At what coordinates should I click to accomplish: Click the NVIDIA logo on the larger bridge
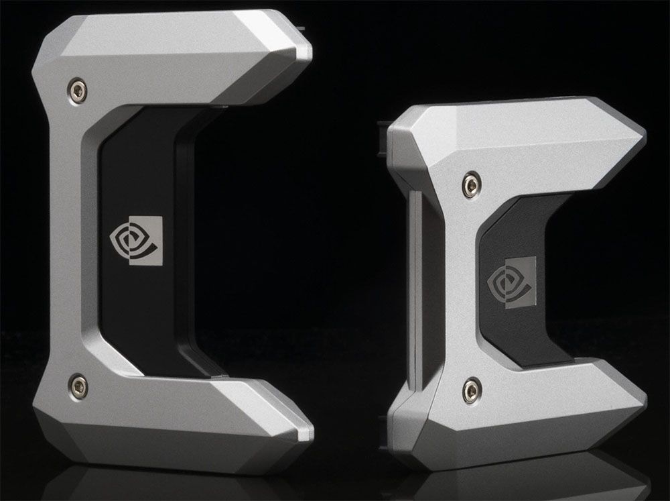tap(137, 239)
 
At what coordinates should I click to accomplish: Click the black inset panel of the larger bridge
tap(134, 295)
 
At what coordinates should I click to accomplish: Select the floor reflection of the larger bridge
tap(167, 480)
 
